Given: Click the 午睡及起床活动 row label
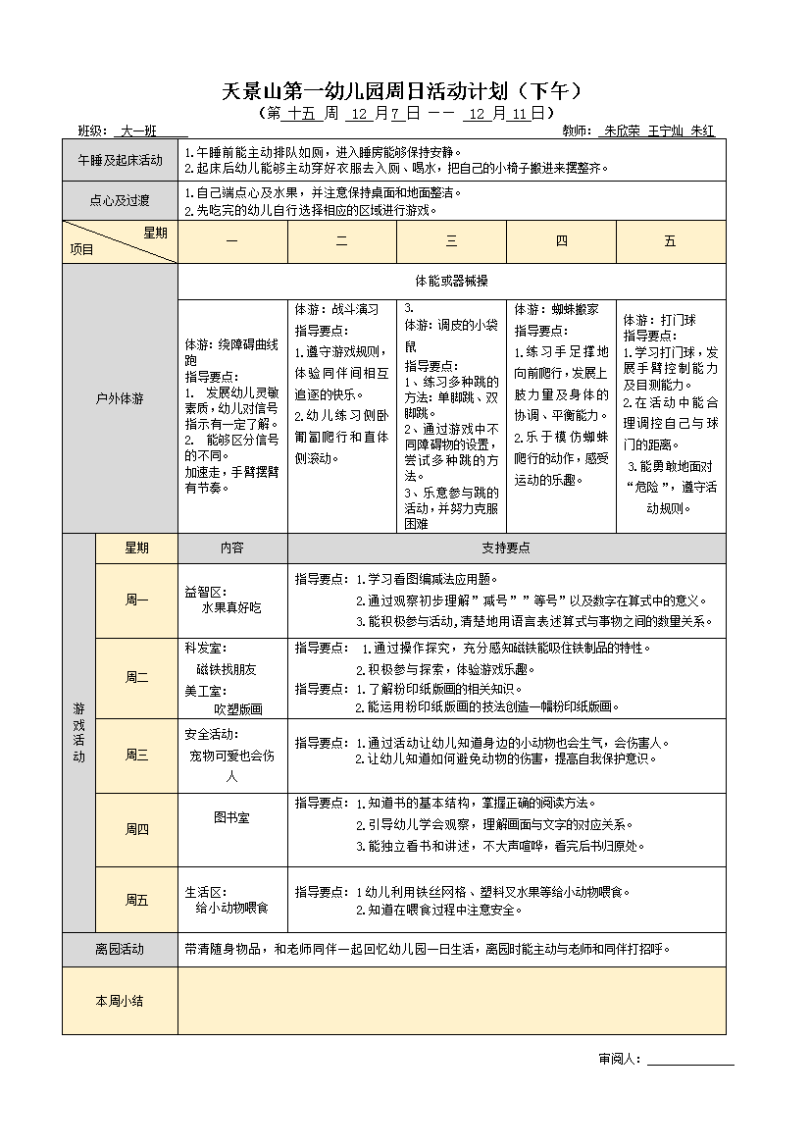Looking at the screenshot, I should click(x=120, y=160).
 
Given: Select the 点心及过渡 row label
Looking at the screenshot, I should click(x=120, y=201).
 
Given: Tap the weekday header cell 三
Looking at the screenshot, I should click(x=451, y=241).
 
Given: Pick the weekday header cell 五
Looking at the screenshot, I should click(x=671, y=241).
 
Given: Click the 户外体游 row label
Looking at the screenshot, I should click(x=120, y=398).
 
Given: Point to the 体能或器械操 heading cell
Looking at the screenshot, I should click(x=451, y=281).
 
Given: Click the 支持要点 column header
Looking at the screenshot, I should click(x=506, y=548).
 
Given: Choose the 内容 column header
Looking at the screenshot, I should click(x=232, y=548).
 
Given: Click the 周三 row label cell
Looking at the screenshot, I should click(x=136, y=755).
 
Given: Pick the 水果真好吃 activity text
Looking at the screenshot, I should click(x=232, y=608).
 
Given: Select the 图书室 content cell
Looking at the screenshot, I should click(x=232, y=816).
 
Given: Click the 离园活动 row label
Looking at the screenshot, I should click(x=120, y=949).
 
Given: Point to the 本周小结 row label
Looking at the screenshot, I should click(x=120, y=1001).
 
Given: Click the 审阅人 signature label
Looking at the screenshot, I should click(x=619, y=1059).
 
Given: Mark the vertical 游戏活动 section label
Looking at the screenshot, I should click(x=78, y=733).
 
